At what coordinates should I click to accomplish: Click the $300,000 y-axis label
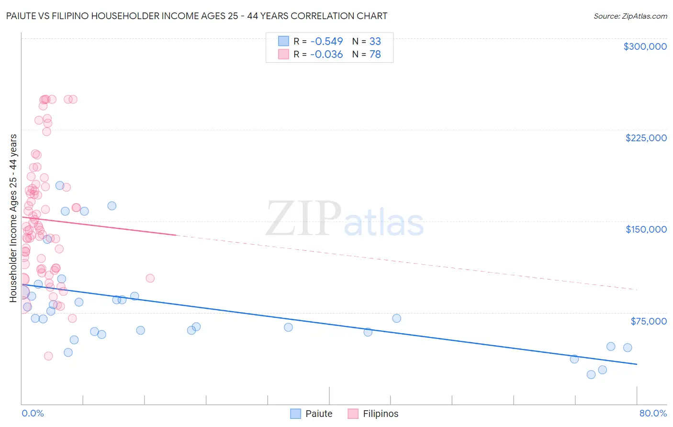point(645,46)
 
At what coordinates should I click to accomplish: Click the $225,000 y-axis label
point(646,138)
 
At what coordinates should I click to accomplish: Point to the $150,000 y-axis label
point(646,229)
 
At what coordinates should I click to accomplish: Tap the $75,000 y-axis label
point(649,321)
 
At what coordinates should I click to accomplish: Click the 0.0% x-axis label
point(33,413)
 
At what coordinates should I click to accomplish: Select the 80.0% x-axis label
point(653,413)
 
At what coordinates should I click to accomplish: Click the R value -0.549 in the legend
point(326,41)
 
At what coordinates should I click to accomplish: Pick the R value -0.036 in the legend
point(326,55)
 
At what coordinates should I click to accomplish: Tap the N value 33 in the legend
point(375,41)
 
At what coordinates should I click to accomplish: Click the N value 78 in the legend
point(375,55)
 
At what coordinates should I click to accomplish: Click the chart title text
point(197,16)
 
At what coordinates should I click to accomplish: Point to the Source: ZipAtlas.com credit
point(630,16)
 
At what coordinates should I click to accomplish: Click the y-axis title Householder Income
point(13,218)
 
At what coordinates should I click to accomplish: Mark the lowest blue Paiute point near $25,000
point(591,374)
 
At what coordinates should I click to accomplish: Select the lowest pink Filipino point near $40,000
point(48,356)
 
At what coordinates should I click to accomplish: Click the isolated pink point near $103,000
point(150,278)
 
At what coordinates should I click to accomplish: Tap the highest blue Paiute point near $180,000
point(60,185)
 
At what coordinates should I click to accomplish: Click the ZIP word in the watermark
point(303,219)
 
